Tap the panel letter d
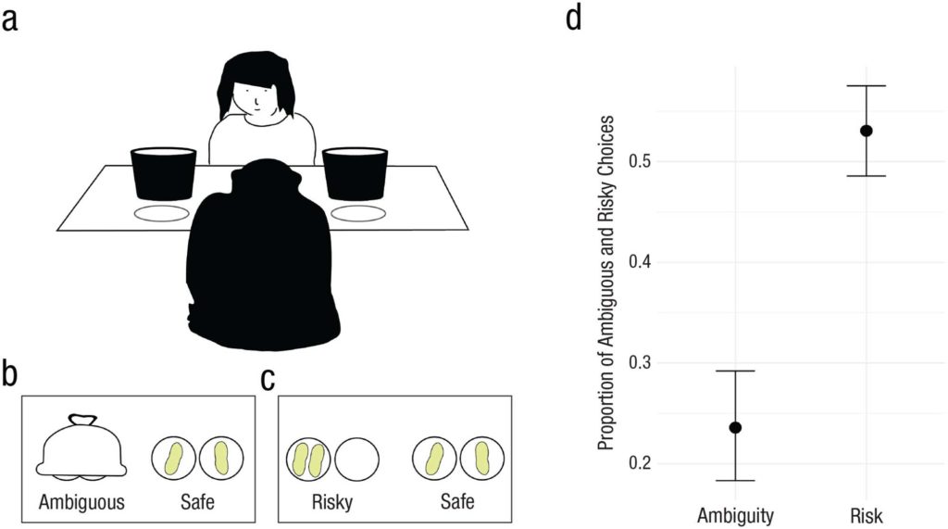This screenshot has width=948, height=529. click(573, 19)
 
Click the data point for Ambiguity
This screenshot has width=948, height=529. click(735, 427)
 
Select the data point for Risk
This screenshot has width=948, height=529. click(866, 131)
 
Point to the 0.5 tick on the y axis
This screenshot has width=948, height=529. click(641, 161)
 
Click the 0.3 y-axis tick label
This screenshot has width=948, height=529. click(641, 362)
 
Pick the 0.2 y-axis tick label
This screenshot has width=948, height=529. click(641, 463)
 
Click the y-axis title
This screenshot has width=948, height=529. click(606, 283)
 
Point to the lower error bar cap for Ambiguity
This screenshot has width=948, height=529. click(735, 480)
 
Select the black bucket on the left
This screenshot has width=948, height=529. click(163, 173)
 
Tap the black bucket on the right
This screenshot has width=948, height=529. click(355, 173)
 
